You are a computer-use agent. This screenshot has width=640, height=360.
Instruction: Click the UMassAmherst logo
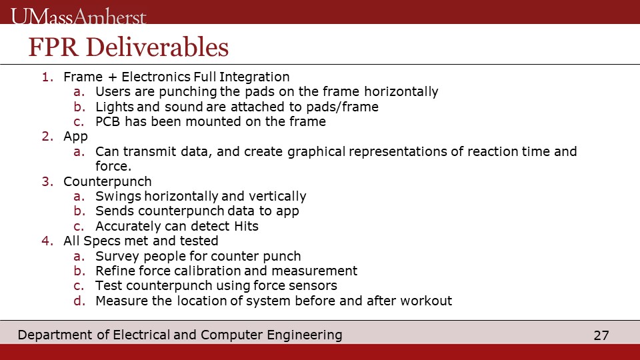tap(79, 16)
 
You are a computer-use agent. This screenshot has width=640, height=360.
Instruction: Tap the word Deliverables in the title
tap(157, 47)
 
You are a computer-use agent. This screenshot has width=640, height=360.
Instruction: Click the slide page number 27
tap(601, 335)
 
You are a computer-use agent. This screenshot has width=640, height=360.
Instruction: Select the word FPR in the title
tap(53, 47)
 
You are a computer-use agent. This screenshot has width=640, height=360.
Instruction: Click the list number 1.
tap(47, 77)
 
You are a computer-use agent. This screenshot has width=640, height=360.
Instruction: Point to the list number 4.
tap(47, 241)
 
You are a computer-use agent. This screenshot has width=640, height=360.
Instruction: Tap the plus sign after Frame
tap(112, 77)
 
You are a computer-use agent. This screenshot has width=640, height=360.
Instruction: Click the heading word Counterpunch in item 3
tap(107, 181)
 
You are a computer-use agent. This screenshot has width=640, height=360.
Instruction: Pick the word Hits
tap(247, 226)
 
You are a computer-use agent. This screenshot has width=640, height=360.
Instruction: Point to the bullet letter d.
tap(79, 301)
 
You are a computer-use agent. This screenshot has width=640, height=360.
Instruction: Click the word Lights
tap(115, 107)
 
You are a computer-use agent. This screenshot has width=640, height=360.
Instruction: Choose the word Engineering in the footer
tap(305, 335)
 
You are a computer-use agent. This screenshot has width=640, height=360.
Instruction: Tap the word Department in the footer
tap(55, 335)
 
